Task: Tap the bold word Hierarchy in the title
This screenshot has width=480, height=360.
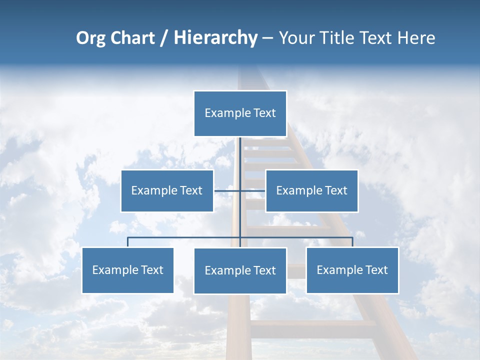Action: coord(215,38)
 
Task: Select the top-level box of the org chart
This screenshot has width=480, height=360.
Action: coord(240,113)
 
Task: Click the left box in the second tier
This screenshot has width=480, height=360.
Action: coord(167,191)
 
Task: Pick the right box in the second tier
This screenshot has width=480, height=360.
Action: coord(311,191)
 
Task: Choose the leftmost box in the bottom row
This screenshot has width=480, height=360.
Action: coord(127,270)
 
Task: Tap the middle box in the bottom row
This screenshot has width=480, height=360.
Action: coord(240,271)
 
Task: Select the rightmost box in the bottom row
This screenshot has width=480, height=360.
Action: coord(352,270)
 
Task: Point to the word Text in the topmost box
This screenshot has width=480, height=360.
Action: coord(264,113)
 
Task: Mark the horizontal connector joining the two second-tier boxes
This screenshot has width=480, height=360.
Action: coord(228,190)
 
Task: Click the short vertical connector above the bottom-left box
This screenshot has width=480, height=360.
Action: coord(127,242)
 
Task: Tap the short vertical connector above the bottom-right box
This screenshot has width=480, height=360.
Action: coord(352,242)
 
